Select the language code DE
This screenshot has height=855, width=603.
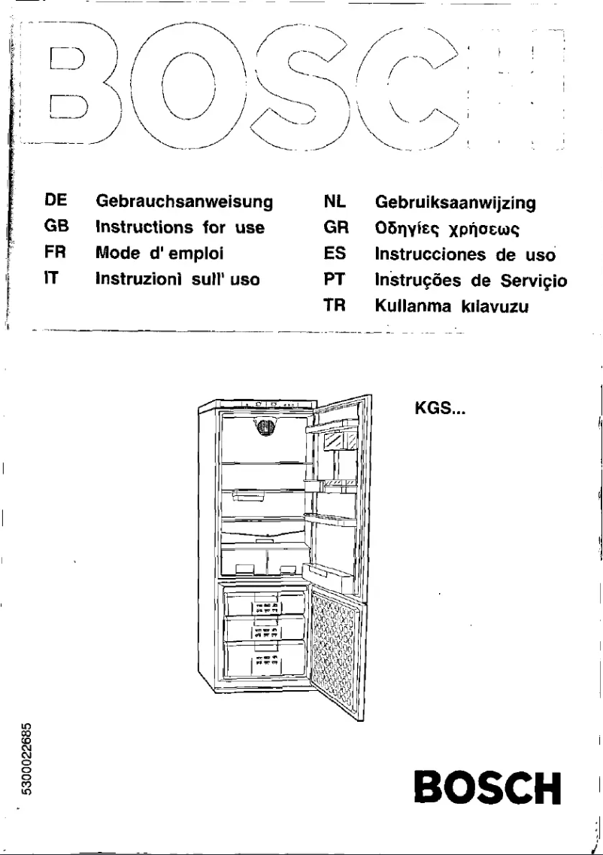56,202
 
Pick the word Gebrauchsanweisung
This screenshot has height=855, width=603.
183,202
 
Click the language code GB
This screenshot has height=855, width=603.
56,228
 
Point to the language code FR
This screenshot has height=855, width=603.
56,254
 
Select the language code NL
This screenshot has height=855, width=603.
333,202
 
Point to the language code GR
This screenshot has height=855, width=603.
333,228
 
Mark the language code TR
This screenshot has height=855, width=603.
332,306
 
